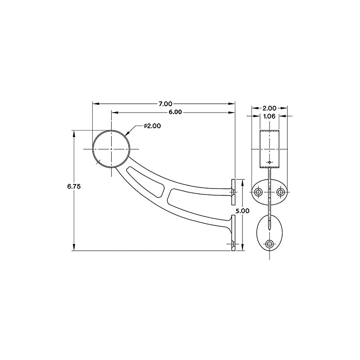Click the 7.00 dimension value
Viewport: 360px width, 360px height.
[166, 104]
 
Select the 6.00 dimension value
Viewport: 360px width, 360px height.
[175, 112]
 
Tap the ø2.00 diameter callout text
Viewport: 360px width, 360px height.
[152, 126]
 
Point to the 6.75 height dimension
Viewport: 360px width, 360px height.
[74, 186]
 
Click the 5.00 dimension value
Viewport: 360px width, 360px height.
[243, 211]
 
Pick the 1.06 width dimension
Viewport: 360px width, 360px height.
[269, 116]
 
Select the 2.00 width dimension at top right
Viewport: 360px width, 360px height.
[270, 108]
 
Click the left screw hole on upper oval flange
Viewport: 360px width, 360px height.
[259, 192]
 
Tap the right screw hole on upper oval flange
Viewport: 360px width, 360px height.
[280, 192]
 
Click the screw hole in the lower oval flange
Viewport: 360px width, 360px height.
[269, 243]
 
